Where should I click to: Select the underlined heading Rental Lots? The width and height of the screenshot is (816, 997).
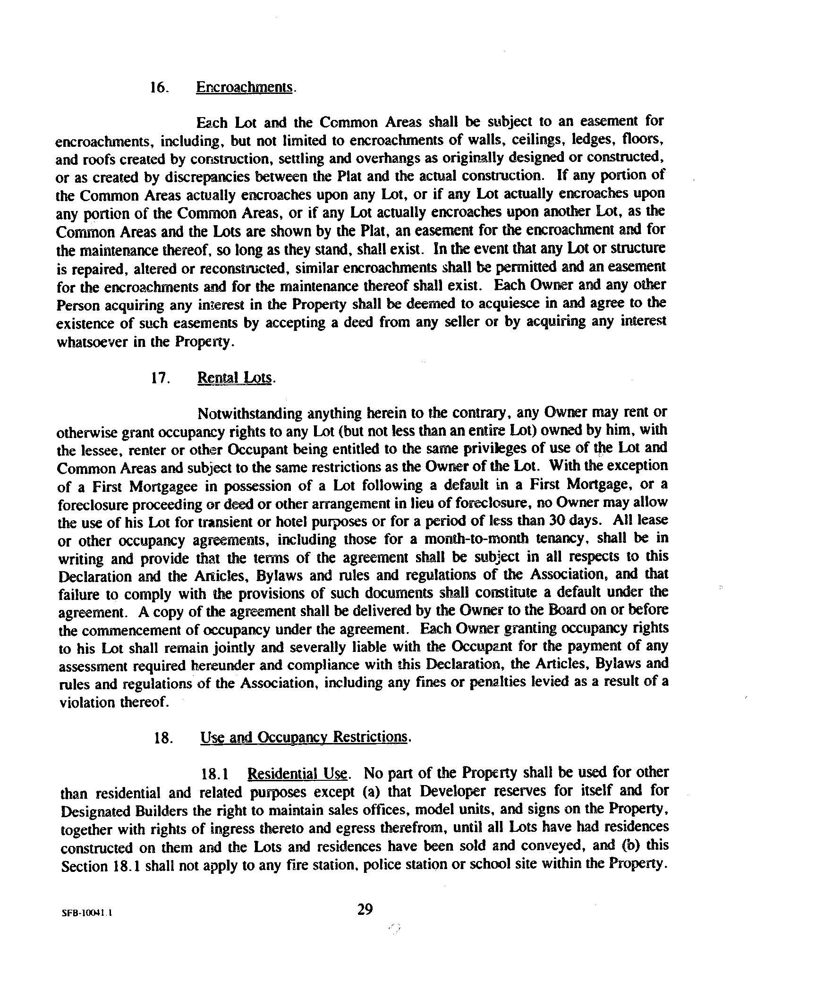coord(234,378)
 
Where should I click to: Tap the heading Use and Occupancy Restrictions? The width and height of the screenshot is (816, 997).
coord(303,737)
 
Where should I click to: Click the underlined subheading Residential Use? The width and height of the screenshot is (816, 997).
coord(297,774)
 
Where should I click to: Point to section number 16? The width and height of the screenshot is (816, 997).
coord(159,88)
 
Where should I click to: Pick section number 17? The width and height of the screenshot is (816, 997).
coord(160,379)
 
